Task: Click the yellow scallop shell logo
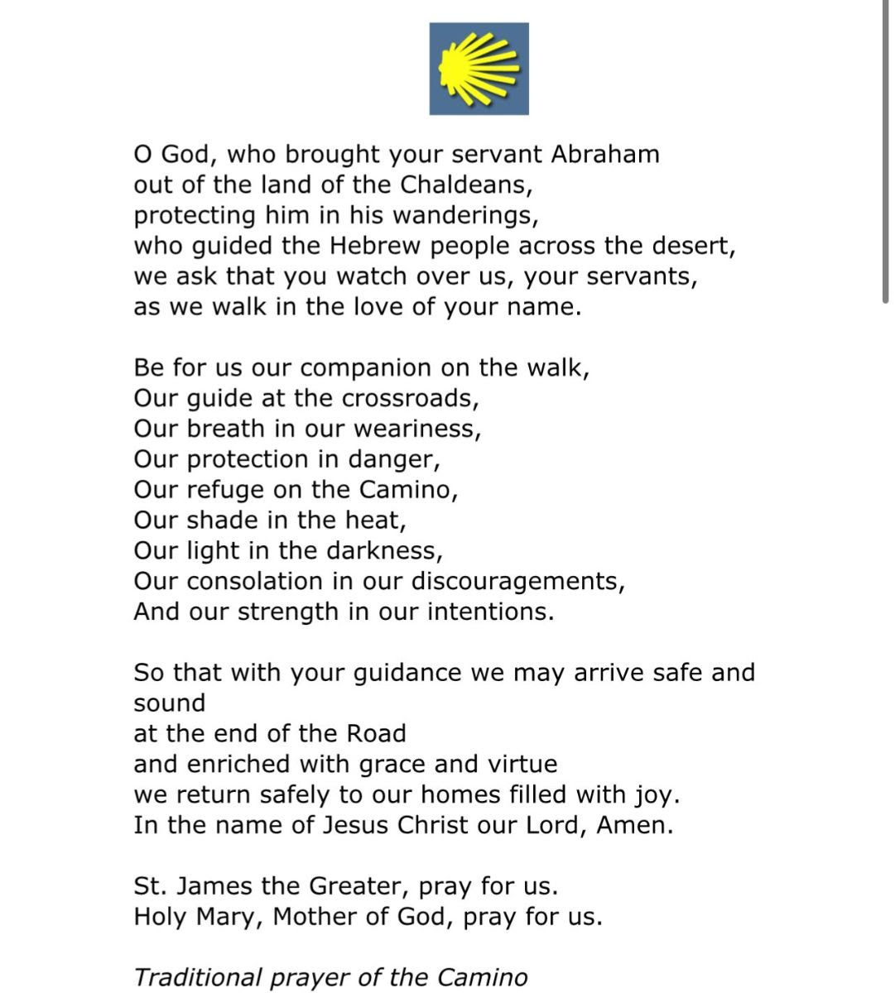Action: (479, 69)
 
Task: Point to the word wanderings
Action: (465, 216)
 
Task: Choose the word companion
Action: (367, 368)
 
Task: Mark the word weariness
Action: (416, 429)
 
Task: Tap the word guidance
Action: (408, 674)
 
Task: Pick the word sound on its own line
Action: (170, 703)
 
